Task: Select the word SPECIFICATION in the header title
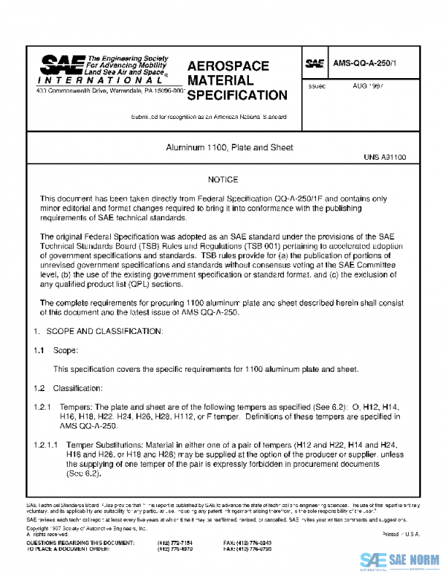click(236, 95)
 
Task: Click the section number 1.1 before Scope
click(40, 349)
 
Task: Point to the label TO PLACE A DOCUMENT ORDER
click(70, 549)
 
